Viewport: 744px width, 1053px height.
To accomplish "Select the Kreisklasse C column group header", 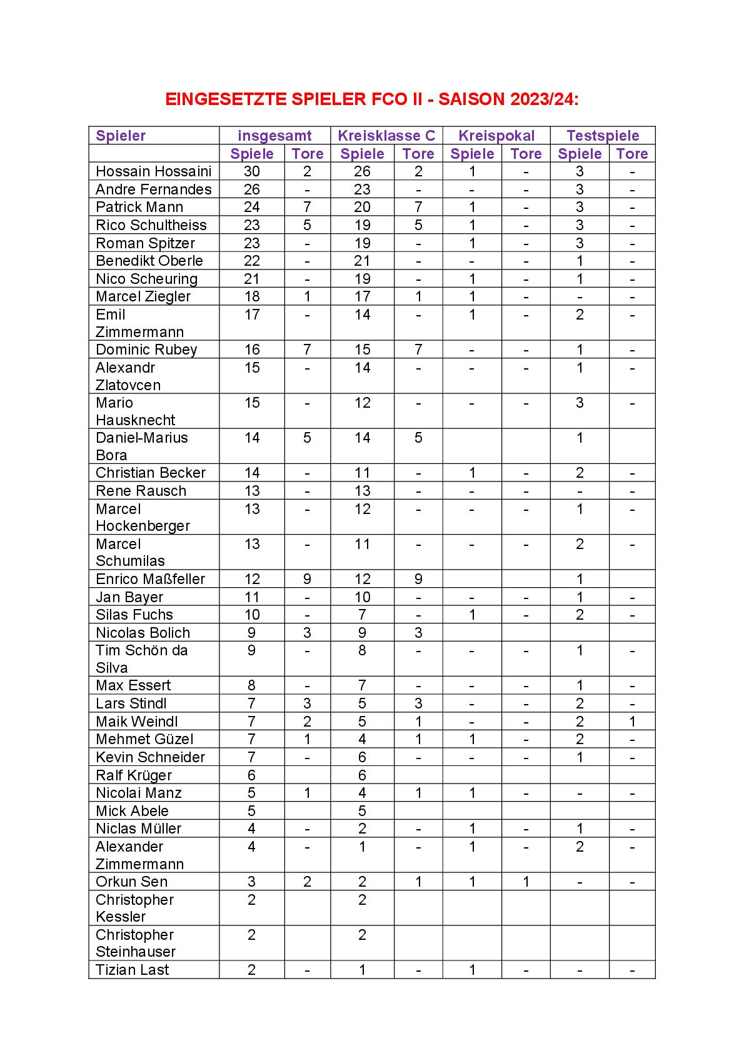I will tap(386, 136).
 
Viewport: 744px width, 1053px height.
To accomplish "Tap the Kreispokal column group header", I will tap(496, 136).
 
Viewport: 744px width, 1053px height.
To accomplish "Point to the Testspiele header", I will tap(603, 136).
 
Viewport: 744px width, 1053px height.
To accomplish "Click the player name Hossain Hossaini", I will tap(154, 171).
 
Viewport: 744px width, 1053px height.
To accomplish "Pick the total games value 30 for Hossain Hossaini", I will tap(251, 171).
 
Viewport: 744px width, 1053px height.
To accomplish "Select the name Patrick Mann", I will tap(139, 207).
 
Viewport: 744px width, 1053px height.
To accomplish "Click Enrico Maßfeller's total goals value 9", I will tap(307, 579).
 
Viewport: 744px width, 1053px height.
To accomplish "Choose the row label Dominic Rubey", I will tap(146, 350).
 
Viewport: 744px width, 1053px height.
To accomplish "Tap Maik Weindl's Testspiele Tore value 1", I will tap(632, 722).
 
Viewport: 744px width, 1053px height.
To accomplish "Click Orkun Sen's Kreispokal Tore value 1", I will tap(526, 882).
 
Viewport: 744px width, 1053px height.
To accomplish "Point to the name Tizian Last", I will tap(133, 970).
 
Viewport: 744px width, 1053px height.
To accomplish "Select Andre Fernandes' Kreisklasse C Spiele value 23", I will tap(362, 189).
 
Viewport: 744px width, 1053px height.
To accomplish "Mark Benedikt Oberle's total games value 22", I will tap(251, 261).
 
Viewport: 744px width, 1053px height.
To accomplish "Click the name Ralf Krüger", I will tap(134, 775).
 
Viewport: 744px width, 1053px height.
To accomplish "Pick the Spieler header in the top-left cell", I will tap(121, 136).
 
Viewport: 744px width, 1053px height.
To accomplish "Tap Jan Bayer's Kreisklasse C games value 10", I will tap(362, 597).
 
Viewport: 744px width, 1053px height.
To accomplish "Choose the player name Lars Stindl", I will tap(131, 703).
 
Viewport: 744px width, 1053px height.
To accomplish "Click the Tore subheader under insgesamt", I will tap(308, 154).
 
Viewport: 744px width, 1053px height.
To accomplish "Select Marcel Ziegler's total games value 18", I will tap(251, 296).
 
